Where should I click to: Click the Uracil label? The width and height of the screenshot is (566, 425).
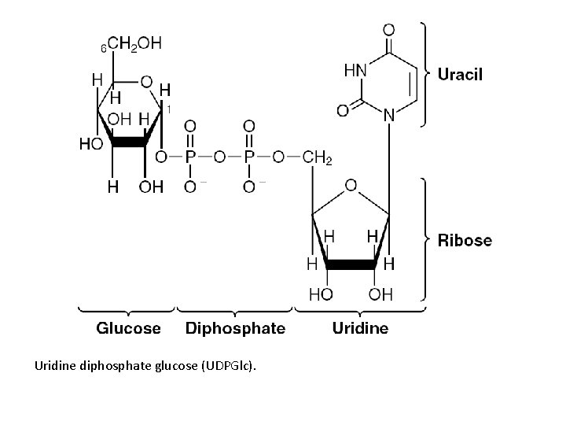(x=460, y=75)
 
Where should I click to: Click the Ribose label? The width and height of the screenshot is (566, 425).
(x=465, y=240)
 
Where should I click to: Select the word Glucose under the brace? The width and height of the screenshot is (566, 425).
(x=128, y=327)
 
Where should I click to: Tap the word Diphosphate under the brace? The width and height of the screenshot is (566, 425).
(x=235, y=327)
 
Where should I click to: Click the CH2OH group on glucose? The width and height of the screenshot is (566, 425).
(x=134, y=45)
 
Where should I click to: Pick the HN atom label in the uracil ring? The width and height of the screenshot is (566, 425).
(x=355, y=70)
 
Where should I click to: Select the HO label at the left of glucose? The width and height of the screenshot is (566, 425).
(x=90, y=145)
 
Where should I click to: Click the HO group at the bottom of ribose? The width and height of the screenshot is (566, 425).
(x=319, y=294)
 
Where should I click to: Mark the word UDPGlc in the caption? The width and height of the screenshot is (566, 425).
(x=230, y=367)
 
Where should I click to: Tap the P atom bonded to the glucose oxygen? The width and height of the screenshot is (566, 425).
(x=190, y=158)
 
